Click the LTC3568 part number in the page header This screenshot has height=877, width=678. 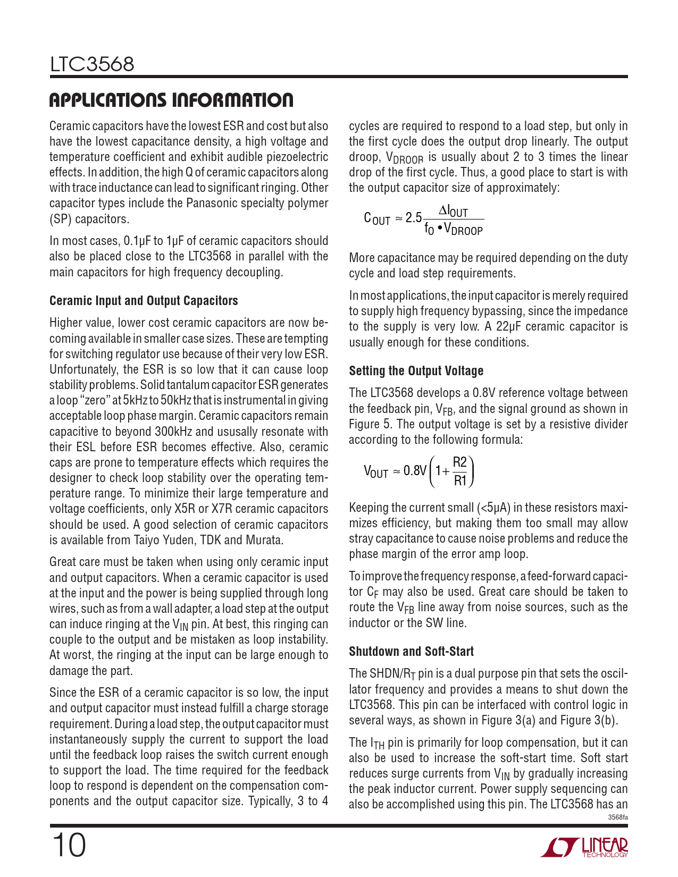click(x=92, y=64)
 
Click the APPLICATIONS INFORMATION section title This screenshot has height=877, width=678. click(x=171, y=100)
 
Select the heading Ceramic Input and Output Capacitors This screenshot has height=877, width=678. click(x=144, y=301)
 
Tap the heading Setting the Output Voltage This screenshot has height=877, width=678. click(x=416, y=371)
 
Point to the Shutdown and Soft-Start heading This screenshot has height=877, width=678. click(x=411, y=652)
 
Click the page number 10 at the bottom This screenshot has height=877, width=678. click(x=69, y=845)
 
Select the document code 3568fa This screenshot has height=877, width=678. click(x=617, y=817)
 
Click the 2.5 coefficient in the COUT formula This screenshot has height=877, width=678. click(x=413, y=218)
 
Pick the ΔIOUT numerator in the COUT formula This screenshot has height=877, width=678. click(x=453, y=212)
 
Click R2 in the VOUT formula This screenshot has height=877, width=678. click(x=459, y=462)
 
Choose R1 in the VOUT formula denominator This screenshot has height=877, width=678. click(x=459, y=481)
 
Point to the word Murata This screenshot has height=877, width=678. click(x=264, y=540)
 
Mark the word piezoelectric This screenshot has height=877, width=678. click(x=295, y=157)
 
